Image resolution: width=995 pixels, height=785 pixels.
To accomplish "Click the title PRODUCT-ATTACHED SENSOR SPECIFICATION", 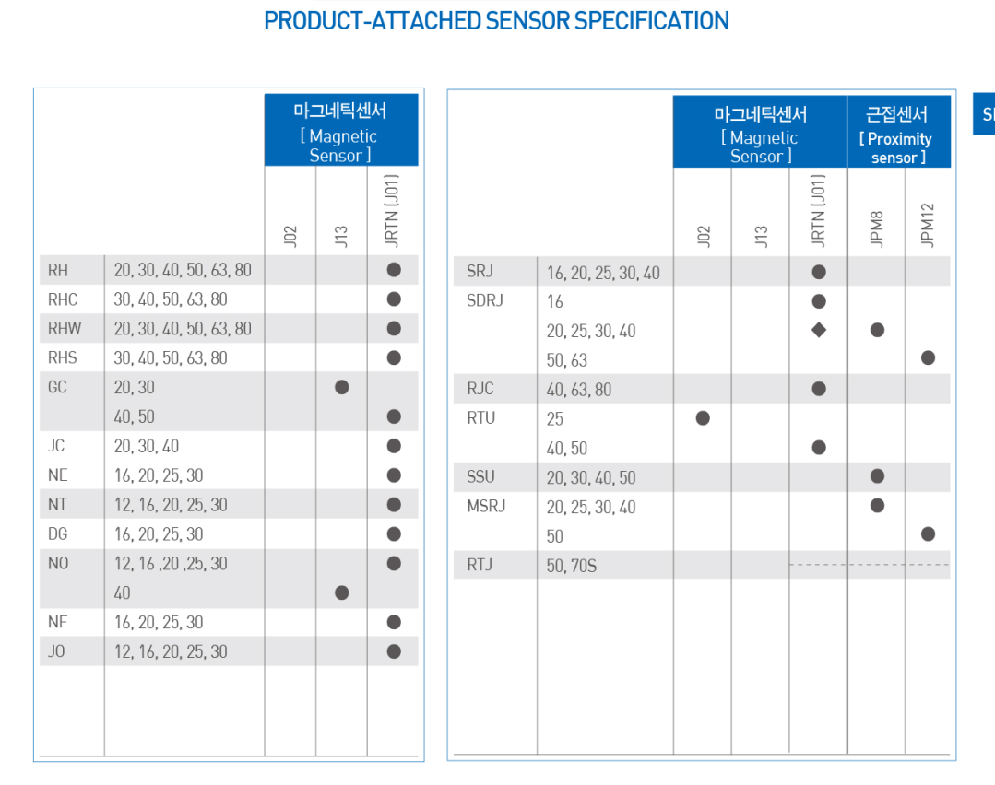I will (496, 21).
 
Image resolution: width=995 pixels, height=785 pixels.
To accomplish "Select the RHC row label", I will (63, 299).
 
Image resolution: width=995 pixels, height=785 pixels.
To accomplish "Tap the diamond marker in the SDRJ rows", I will (819, 330).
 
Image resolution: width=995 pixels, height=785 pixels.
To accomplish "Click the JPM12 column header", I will (928, 226).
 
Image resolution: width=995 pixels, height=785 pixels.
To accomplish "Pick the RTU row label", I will (481, 418).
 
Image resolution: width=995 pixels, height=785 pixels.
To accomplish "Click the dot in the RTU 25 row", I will (703, 418).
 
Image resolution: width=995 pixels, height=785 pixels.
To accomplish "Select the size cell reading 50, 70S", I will (572, 565).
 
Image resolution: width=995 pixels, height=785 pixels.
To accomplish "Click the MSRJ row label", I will (486, 506).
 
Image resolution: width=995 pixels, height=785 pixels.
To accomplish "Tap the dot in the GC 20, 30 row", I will (342, 387).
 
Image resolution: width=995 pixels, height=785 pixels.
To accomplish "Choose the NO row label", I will (58, 563).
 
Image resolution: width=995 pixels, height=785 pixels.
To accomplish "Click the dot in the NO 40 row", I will (342, 592).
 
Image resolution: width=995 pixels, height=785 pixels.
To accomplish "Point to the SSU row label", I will (480, 476).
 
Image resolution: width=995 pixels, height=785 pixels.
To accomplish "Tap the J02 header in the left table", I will (290, 236).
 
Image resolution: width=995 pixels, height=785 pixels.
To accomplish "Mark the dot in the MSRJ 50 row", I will (928, 534).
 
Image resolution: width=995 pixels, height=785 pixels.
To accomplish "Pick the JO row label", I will (57, 651).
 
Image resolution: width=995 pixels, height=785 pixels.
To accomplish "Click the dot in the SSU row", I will (877, 476).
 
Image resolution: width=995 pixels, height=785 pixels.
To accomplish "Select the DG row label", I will (58, 533).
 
